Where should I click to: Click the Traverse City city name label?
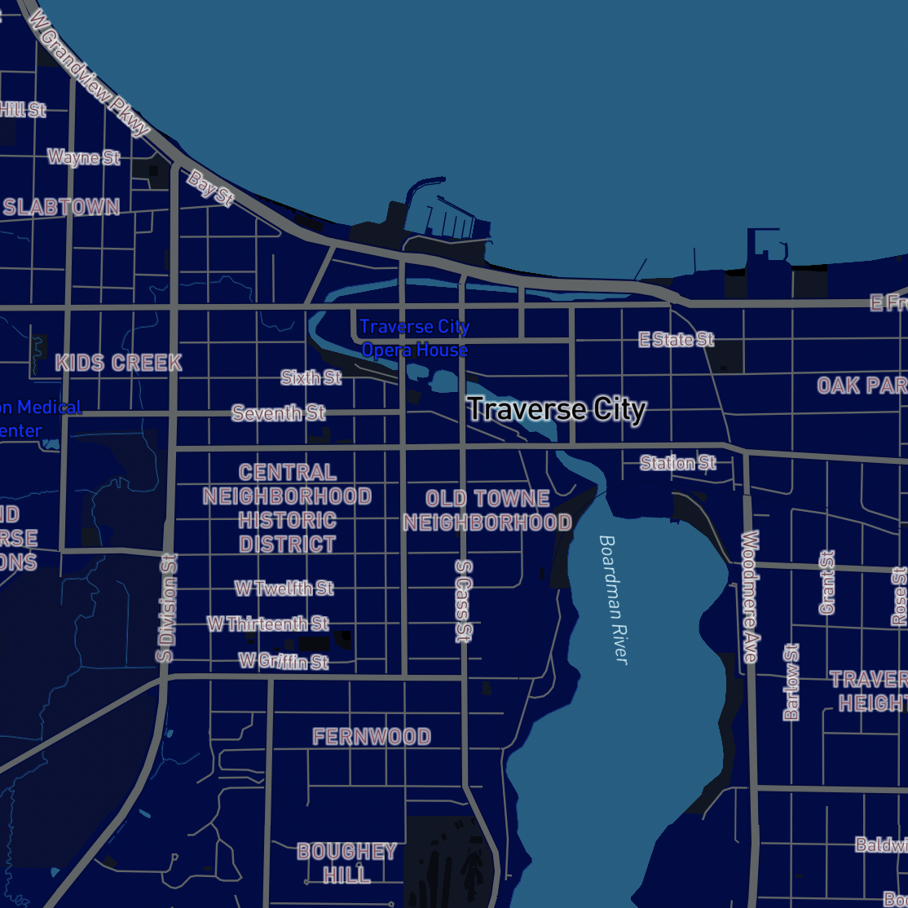tap(557, 409)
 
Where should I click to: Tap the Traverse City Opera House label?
tap(414, 338)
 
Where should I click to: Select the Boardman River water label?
tap(613, 599)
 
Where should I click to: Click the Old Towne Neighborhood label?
tap(487, 510)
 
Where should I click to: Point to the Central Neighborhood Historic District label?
tap(287, 508)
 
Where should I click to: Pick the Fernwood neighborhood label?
tap(372, 737)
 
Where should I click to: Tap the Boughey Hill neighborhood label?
tap(346, 863)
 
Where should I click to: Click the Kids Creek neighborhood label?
tap(118, 363)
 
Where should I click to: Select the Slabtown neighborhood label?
tap(61, 207)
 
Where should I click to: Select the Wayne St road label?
tap(83, 156)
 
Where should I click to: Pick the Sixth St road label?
tap(311, 377)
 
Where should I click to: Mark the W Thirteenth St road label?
tap(267, 624)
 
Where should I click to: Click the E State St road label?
tap(676, 339)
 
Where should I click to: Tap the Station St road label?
tap(677, 463)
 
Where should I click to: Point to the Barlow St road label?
tap(791, 681)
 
